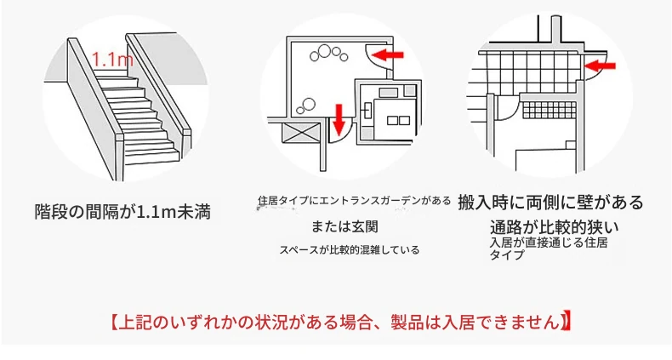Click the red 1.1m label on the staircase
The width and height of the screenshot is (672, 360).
pyautogui.click(x=112, y=59)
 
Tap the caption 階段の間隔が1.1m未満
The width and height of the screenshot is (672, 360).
pyautogui.click(x=122, y=212)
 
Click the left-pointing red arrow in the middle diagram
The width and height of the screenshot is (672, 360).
pyautogui.click(x=387, y=54)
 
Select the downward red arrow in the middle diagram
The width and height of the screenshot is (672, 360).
pyautogui.click(x=339, y=118)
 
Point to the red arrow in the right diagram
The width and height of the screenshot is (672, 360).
pyautogui.click(x=600, y=66)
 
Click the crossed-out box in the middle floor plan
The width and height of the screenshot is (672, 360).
pyautogui.click(x=300, y=133)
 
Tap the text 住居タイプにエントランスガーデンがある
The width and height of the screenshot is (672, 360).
pyautogui.click(x=355, y=201)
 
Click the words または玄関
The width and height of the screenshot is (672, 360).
pyautogui.click(x=345, y=226)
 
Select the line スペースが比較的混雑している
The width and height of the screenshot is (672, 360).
pyautogui.click(x=350, y=250)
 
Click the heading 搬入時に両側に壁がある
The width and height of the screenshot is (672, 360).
pyautogui.click(x=550, y=202)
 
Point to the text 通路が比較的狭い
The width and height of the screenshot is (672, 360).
pyautogui.click(x=555, y=227)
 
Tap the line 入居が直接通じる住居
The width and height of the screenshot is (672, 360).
pyautogui.click(x=549, y=243)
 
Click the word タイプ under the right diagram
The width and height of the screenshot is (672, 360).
pyautogui.click(x=507, y=254)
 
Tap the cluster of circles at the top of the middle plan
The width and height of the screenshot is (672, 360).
pyautogui.click(x=328, y=54)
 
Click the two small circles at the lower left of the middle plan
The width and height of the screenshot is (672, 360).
pyautogui.click(x=306, y=105)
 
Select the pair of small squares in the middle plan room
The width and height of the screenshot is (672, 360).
pyautogui.click(x=398, y=121)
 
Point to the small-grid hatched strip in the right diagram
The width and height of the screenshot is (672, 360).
pyautogui.click(x=550, y=110)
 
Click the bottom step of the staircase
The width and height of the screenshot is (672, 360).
pyautogui.click(x=153, y=157)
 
